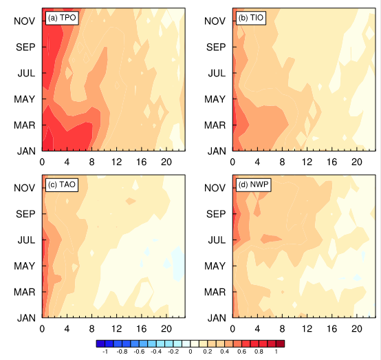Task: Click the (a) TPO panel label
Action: [x=62, y=18]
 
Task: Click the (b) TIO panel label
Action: [x=251, y=18]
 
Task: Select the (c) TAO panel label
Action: [x=62, y=184]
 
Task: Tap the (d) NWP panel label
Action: [x=254, y=184]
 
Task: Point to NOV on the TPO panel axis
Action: [x=25, y=21]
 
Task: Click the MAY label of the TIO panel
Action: [x=215, y=99]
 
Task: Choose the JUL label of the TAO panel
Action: [x=26, y=240]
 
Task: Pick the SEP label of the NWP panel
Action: [x=216, y=214]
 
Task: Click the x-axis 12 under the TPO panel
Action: [x=117, y=162]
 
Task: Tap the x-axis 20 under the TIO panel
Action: [x=357, y=162]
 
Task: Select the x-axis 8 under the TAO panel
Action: [x=92, y=329]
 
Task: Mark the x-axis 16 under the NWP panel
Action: [x=332, y=329]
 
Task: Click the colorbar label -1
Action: [x=105, y=352]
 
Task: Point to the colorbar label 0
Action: [x=190, y=352]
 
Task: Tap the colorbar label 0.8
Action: [x=259, y=352]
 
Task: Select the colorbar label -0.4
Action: [x=156, y=352]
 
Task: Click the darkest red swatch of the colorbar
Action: [x=280, y=343]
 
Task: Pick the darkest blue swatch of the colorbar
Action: [x=100, y=343]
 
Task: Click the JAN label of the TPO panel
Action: [x=26, y=151]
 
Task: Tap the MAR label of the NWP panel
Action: [x=215, y=292]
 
